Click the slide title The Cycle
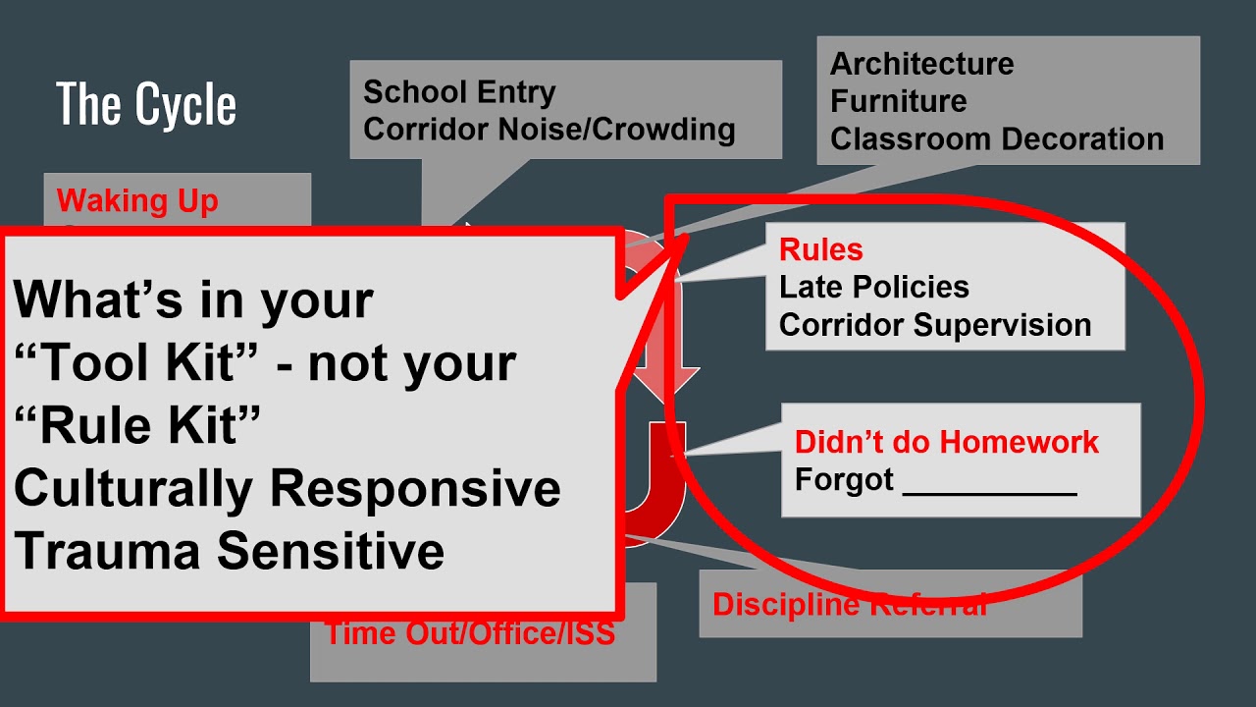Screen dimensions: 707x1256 [x=146, y=104]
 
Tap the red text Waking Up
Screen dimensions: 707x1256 [x=137, y=201]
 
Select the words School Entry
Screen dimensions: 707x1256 [x=459, y=92]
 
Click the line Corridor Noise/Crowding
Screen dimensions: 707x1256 [x=549, y=129]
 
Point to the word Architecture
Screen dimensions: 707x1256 [x=921, y=64]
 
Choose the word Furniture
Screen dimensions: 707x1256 [x=898, y=101]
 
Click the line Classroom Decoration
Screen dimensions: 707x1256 [x=996, y=138]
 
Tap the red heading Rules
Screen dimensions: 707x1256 [x=820, y=249]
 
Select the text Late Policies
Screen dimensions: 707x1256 [x=873, y=287]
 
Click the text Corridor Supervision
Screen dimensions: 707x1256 [x=934, y=325]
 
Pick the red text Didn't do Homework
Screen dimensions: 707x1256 [x=946, y=442]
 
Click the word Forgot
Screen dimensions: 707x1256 [x=844, y=480]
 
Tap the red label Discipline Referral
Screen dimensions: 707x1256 [x=849, y=605]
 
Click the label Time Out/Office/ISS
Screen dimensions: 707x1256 [x=469, y=633]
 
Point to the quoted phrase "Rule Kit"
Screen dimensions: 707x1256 [x=137, y=426]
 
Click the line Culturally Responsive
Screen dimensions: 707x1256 [x=287, y=488]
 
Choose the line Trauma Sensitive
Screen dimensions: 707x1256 [x=229, y=551]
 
